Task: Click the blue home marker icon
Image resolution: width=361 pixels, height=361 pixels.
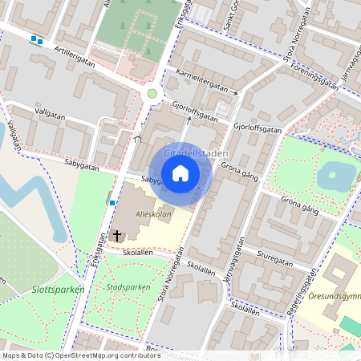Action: point(180,172)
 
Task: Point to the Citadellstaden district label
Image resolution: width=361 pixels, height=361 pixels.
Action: point(196,152)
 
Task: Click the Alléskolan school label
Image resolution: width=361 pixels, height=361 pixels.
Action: point(154,215)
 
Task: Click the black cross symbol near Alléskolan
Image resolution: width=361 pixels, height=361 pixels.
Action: point(117,236)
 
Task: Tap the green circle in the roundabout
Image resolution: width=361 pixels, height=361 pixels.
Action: point(152,94)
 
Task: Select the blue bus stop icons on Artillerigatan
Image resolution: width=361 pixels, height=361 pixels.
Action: point(36,39)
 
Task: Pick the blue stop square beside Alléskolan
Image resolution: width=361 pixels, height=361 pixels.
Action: point(111,202)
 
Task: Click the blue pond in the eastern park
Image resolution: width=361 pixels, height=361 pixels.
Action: point(337,176)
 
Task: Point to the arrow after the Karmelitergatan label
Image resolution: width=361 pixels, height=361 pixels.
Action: point(235,92)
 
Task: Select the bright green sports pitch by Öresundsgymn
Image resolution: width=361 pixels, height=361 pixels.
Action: point(351,325)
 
